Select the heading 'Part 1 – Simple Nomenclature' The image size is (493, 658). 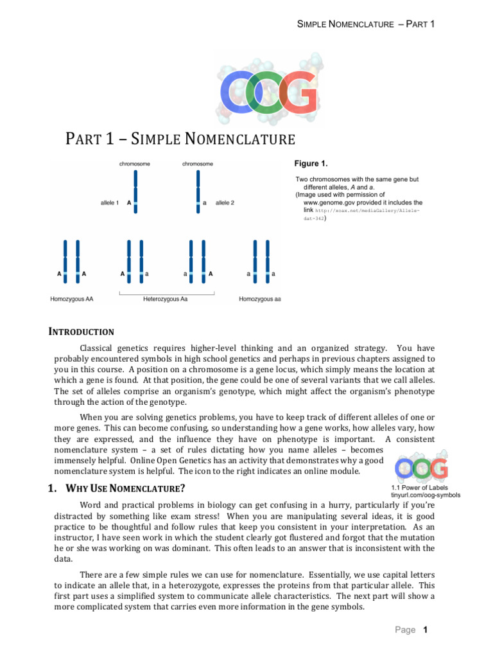180,139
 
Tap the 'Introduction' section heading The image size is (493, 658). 82,332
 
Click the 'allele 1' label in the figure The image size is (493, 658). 110,202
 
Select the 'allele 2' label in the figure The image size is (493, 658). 225,202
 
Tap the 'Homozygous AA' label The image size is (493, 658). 72,299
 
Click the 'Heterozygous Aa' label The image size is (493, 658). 166,299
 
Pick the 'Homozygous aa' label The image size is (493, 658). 259,299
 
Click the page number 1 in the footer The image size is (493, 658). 425,630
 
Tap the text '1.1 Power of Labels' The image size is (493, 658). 420,488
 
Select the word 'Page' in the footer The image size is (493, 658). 405,630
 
